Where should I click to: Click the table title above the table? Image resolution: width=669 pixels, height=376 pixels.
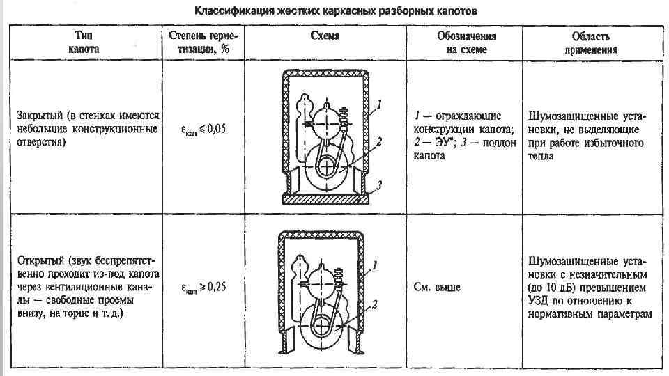click(x=336, y=12)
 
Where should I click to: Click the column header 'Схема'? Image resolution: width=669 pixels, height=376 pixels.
click(x=324, y=36)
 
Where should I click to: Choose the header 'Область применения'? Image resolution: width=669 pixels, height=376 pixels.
click(x=590, y=42)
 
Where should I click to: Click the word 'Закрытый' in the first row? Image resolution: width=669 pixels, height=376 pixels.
click(x=40, y=115)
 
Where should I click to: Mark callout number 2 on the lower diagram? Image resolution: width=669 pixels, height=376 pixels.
click(x=375, y=304)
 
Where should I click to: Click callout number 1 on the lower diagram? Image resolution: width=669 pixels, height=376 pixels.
click(x=374, y=265)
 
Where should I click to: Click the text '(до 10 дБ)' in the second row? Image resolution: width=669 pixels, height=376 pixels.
click(x=553, y=288)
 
